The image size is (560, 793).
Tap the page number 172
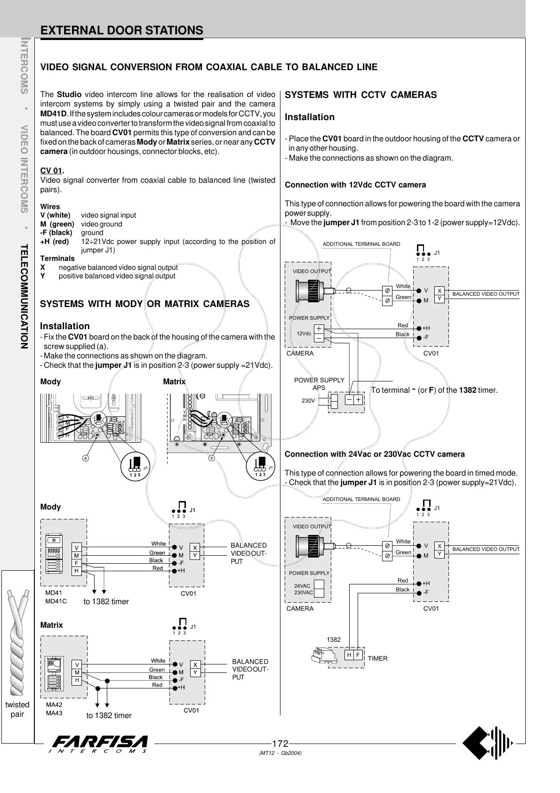click(280, 744)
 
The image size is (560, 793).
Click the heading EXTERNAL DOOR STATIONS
click(122, 31)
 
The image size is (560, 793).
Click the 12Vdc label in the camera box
click(304, 333)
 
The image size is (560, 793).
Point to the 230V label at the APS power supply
click(308, 401)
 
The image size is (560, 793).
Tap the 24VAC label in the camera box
click(302, 586)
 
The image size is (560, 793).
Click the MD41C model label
click(56, 601)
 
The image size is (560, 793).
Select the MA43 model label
click(54, 713)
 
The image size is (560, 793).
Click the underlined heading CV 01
click(51, 170)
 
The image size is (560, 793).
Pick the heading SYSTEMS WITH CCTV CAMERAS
click(361, 95)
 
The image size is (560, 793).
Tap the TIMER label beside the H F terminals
click(377, 658)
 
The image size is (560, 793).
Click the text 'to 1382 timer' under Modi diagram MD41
click(106, 601)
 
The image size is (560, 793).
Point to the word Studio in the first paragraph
click(69, 95)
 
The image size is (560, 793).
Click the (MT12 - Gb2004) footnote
click(280, 753)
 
